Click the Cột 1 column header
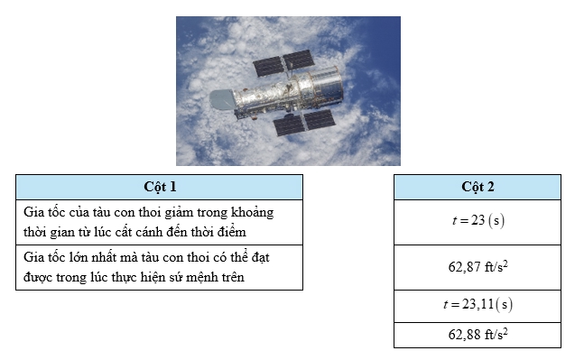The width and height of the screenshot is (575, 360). pyautogui.click(x=159, y=187)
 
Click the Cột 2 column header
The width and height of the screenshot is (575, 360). pyautogui.click(x=478, y=187)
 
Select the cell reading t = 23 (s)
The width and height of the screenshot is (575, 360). pyautogui.click(x=478, y=222)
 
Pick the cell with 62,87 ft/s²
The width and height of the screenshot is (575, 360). pyautogui.click(x=478, y=267)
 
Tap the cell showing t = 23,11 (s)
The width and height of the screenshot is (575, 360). pyautogui.click(x=478, y=306)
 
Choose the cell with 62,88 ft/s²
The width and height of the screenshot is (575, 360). pyautogui.click(x=478, y=335)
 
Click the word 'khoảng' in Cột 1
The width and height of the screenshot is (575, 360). pyautogui.click(x=252, y=213)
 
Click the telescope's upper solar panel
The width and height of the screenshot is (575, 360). pyautogui.click(x=283, y=63)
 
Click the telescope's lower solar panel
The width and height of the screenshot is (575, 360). pyautogui.click(x=304, y=123)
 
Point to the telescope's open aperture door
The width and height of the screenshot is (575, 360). pyautogui.click(x=222, y=99)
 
